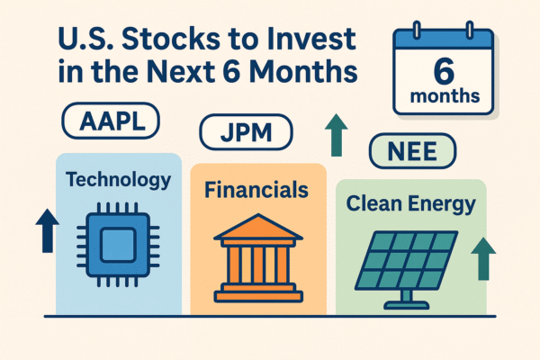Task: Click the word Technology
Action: click(119, 180)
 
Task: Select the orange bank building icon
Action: click(256, 256)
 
